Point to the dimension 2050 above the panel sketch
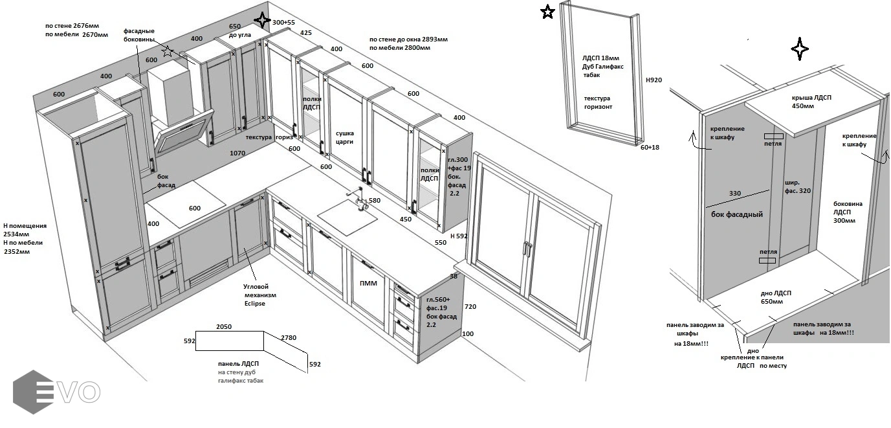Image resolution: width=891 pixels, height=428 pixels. point(224,327)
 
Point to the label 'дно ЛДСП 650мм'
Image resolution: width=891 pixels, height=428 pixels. point(776,297)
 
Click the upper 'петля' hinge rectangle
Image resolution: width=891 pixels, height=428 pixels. point(773,136)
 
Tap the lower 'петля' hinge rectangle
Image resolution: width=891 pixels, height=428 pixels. point(767,260)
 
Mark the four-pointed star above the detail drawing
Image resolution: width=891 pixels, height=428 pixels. point(799,49)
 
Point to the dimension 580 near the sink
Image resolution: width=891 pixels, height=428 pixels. point(375,200)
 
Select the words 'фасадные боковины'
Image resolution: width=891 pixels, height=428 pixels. point(139,35)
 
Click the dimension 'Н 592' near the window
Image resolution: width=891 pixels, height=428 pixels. point(459,236)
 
